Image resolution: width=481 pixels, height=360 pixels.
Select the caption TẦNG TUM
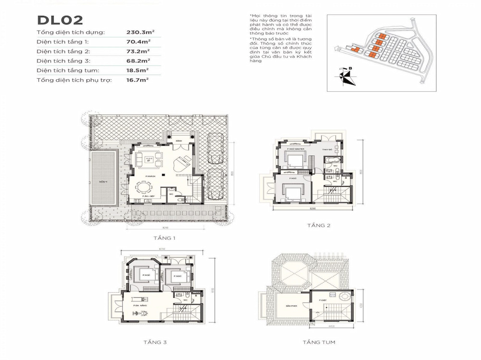point(319,342)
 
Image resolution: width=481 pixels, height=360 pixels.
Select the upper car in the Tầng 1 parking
point(215,147)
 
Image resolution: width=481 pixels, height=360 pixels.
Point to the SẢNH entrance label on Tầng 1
point(178,141)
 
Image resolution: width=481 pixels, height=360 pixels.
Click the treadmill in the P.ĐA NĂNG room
point(137,312)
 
